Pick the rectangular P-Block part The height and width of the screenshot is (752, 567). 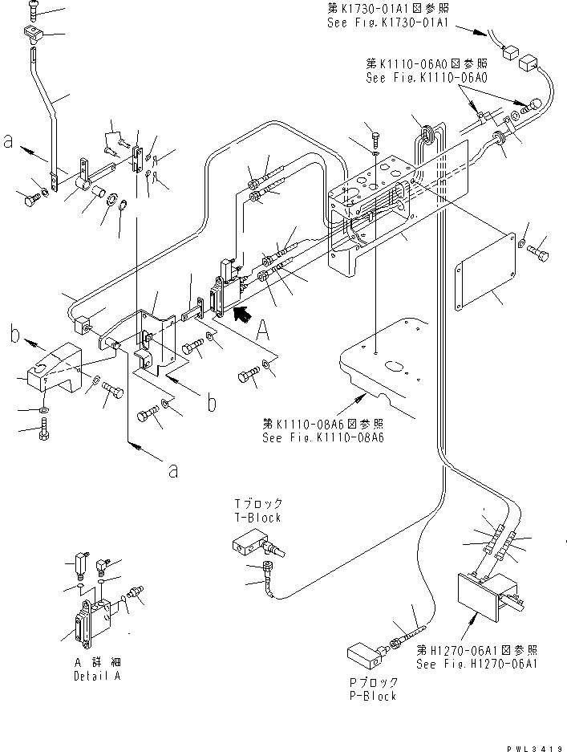pos(365,655)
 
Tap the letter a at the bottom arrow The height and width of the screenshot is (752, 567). pos(173,471)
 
